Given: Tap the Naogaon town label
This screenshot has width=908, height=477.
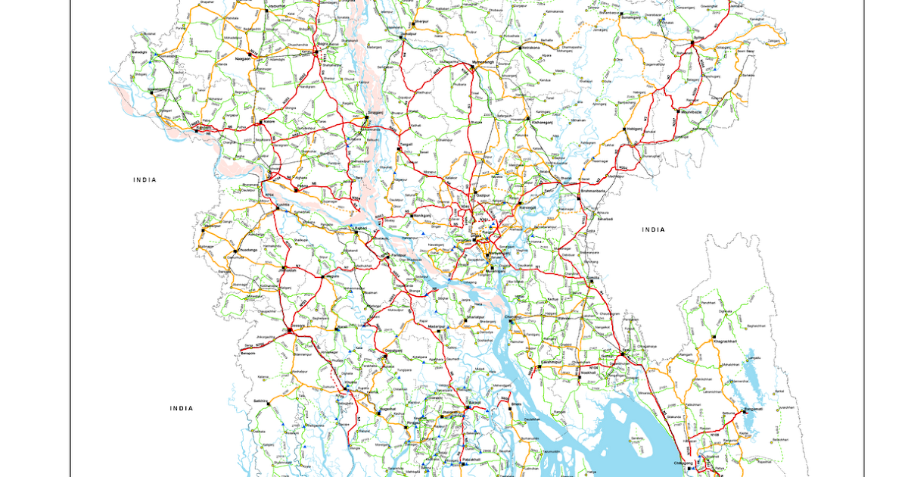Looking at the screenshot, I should pyautogui.click(x=242, y=58).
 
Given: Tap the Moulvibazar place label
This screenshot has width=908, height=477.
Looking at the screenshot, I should pyautogui.click(x=693, y=111).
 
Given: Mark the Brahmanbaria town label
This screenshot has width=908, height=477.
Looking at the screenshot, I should pyautogui.click(x=596, y=192).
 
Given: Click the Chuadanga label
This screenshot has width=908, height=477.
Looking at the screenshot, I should pyautogui.click(x=247, y=249).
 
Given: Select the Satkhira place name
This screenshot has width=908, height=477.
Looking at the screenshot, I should pyautogui.click(x=262, y=401).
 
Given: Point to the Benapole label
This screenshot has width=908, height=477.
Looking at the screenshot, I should pyautogui.click(x=248, y=353).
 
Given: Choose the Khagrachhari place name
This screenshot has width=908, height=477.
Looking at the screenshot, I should pyautogui.click(x=728, y=341).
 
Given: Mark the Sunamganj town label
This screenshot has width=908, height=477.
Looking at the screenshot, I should pyautogui.click(x=631, y=17).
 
